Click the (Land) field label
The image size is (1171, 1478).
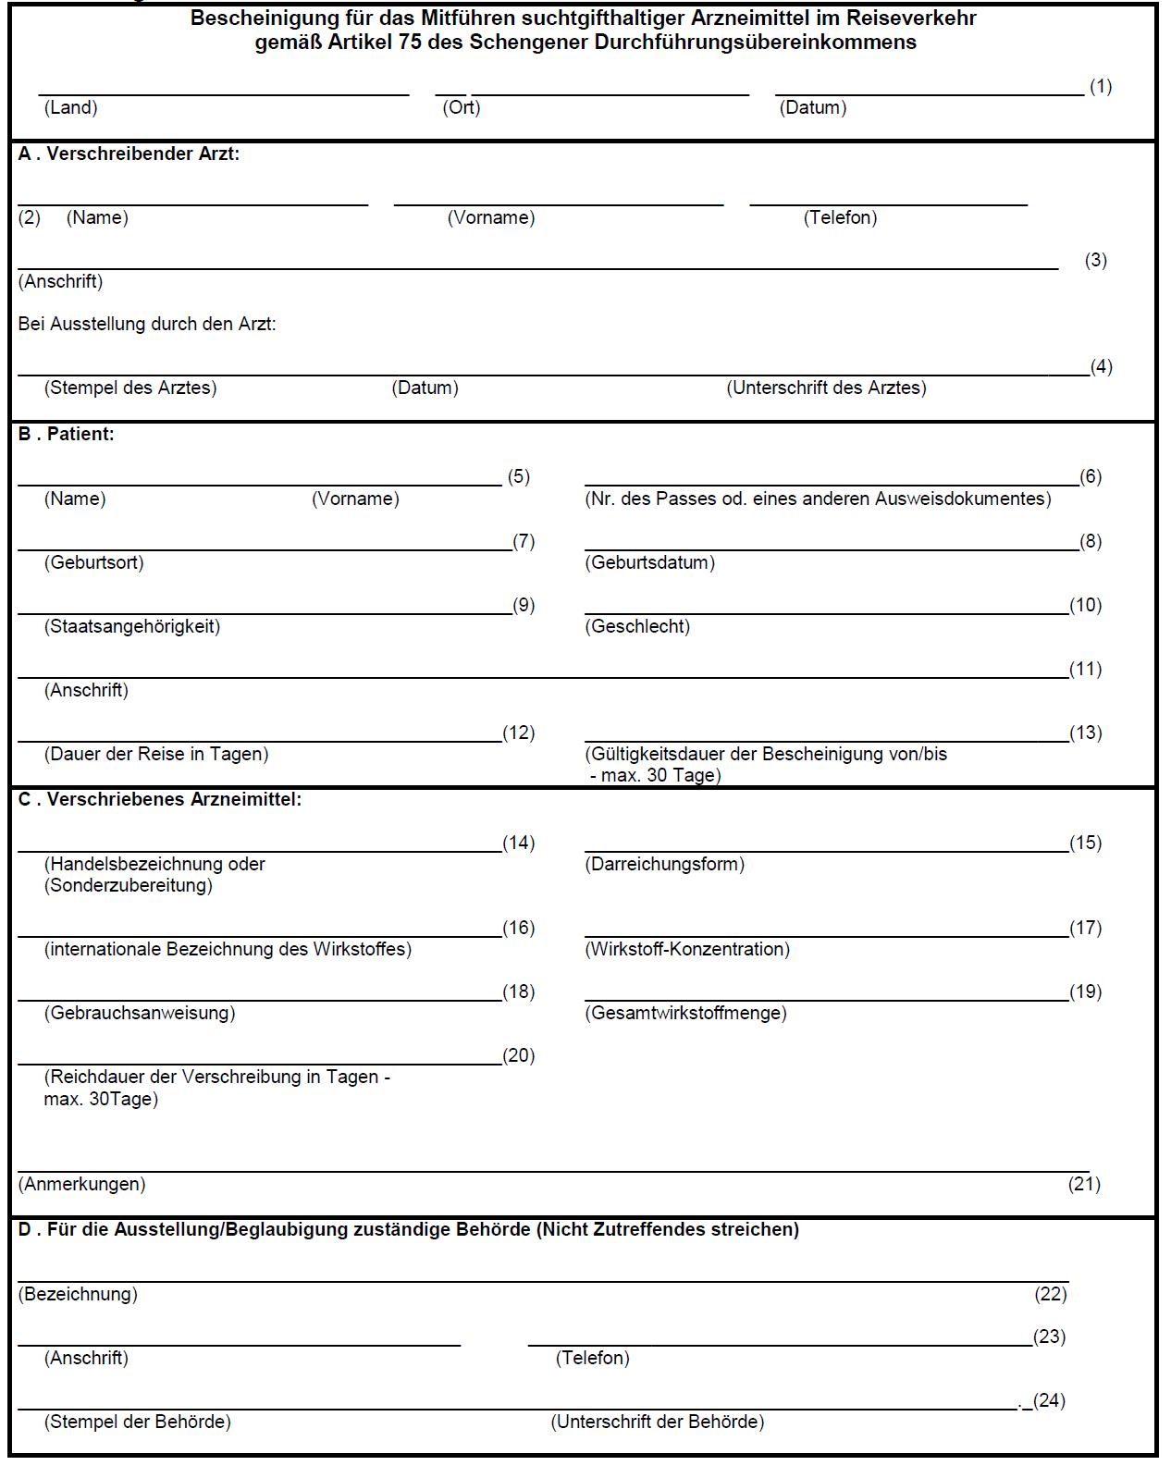coord(70,107)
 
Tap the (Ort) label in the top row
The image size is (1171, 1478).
coord(461,107)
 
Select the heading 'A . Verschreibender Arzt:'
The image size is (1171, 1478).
coord(129,154)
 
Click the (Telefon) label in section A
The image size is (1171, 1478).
coord(840,217)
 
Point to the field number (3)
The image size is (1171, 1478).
coord(1095,260)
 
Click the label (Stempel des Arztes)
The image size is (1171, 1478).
coord(130,388)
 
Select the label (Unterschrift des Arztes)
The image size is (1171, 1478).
coord(826,388)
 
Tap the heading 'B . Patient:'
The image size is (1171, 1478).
coord(66,434)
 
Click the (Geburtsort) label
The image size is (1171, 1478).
coord(93,562)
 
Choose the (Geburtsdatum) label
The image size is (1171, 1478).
coord(649,562)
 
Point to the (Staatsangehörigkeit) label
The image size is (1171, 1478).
coord(131,626)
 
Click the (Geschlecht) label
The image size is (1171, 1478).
coord(637,626)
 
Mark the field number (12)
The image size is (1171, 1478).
coord(518,733)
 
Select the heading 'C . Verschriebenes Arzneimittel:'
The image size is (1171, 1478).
coord(160,799)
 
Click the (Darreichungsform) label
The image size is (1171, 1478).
coord(664,864)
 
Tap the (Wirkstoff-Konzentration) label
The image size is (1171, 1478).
coord(687,949)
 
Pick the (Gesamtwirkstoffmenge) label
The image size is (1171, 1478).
coord(685,1013)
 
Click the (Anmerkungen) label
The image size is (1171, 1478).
coord(81,1184)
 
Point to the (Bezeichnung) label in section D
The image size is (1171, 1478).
coord(78,1294)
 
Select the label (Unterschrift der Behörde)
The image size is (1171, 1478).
coord(657,1422)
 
